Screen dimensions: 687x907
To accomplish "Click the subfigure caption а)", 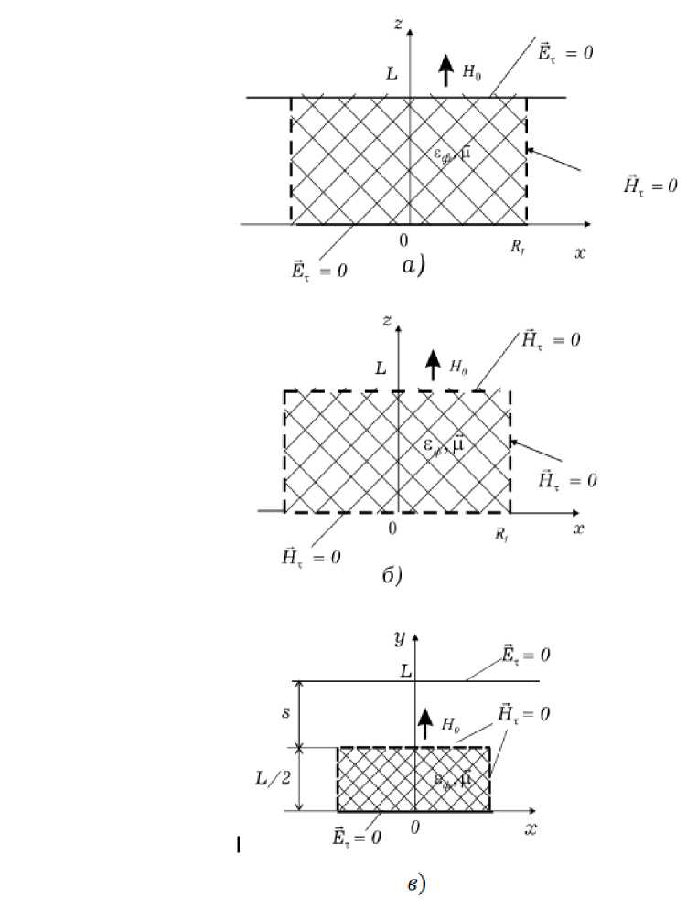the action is pyautogui.click(x=413, y=265).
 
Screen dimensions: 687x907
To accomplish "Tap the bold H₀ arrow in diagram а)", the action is pyautogui.click(x=445, y=70).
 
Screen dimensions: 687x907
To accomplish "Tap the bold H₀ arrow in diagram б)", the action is pyautogui.click(x=433, y=367).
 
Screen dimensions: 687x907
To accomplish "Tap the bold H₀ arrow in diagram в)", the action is pyautogui.click(x=424, y=724).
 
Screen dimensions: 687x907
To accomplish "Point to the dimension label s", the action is pyautogui.click(x=284, y=711).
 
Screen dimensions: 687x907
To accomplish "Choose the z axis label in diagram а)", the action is pyautogui.click(x=398, y=25).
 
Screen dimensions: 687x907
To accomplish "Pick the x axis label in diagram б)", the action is pyautogui.click(x=578, y=528).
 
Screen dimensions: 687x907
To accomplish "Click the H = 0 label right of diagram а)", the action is pyautogui.click(x=649, y=186).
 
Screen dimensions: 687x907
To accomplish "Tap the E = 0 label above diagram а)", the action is pyautogui.click(x=565, y=53).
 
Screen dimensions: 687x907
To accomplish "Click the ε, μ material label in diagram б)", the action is pyautogui.click(x=446, y=445).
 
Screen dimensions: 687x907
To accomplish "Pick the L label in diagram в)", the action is pyautogui.click(x=406, y=670).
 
